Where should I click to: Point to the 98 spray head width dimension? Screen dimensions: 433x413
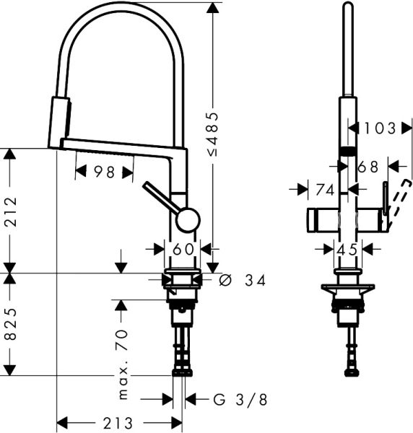click(104, 172)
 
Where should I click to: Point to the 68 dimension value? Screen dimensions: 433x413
click(368, 166)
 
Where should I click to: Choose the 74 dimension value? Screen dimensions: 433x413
click(325, 190)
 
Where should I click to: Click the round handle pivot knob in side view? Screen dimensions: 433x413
click(187, 219)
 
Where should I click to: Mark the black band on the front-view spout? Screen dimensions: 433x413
click(348, 150)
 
